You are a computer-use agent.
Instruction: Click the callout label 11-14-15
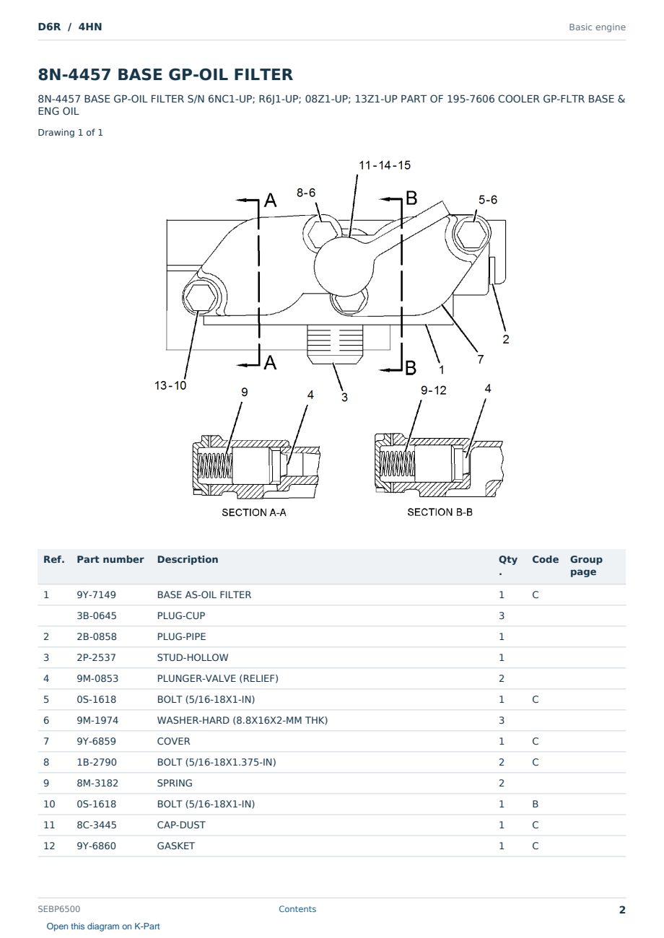(384, 165)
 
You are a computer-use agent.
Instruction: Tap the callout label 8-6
(306, 193)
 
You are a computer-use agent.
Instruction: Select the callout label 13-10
(170, 385)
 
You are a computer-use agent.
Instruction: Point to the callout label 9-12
(434, 390)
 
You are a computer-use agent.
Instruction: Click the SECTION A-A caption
(254, 512)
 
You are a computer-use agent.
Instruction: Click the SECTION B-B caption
(440, 512)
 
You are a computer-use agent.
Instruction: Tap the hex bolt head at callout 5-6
(472, 234)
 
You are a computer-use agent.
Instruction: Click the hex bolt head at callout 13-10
(201, 298)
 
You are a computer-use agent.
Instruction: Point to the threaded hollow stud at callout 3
(334, 344)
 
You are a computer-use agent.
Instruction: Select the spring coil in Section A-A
(215, 466)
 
